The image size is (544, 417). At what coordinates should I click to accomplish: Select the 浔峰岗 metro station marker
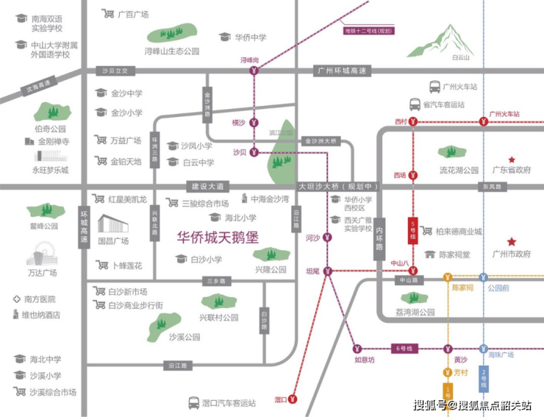click(x=254, y=71)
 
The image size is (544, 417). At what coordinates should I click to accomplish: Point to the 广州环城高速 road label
click(x=340, y=71)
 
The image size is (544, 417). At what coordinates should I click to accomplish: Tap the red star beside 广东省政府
click(x=512, y=160)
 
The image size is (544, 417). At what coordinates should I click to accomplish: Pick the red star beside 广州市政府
click(x=512, y=242)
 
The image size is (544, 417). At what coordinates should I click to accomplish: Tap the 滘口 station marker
click(x=293, y=399)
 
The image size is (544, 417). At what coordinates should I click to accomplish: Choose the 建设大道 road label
click(x=207, y=186)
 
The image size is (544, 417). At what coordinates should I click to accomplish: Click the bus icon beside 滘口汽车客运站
click(x=193, y=402)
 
